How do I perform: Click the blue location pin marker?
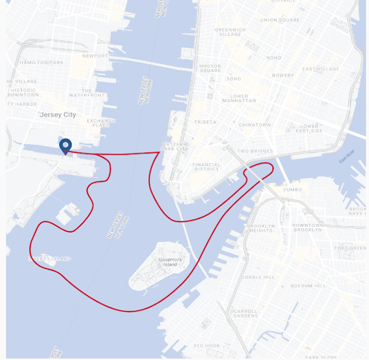66,146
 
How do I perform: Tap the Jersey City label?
58,114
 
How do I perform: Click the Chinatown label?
254,125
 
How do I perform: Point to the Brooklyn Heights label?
260,228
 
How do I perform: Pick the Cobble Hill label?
257,276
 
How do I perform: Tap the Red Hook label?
207,346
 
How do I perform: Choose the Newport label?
95,55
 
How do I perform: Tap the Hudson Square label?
210,68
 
